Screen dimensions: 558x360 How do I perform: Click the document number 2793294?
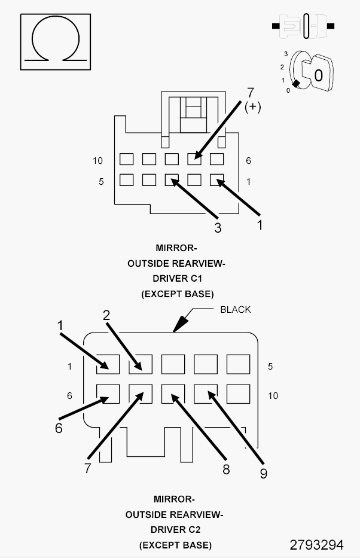point(316,545)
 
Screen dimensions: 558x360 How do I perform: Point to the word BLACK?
point(236,310)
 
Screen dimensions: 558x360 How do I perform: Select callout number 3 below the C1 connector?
point(218,227)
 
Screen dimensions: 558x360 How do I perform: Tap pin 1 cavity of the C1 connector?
point(216,179)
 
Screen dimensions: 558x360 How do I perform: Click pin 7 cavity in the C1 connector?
point(194,160)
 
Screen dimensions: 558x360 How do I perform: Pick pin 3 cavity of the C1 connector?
point(171,179)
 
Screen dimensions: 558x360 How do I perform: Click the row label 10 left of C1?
point(98,160)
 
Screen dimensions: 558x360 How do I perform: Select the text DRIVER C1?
point(176,279)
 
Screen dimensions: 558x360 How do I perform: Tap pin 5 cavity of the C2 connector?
point(238,364)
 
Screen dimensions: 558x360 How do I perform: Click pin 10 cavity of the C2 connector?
point(238,394)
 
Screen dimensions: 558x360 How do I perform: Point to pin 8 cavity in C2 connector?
point(173,394)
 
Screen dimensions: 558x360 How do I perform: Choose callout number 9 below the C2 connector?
point(263,473)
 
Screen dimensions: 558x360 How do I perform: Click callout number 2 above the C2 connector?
point(106,316)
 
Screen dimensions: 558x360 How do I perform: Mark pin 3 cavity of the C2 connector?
point(173,364)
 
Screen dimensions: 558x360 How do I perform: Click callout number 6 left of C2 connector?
point(59,428)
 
